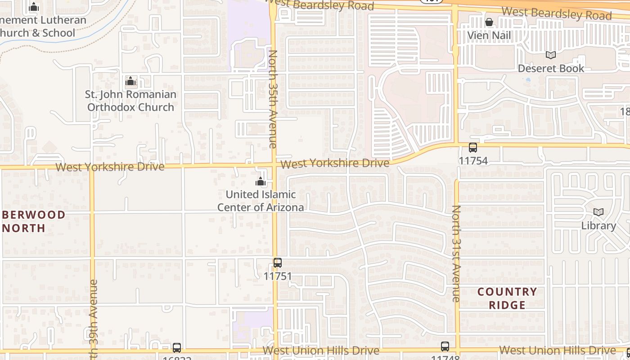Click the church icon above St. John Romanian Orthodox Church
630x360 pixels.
[x=130, y=81]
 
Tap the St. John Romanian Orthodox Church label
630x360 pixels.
[x=130, y=101]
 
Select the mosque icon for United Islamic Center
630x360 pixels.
[x=261, y=181]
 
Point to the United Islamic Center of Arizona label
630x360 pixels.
[x=261, y=201]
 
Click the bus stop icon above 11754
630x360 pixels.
[x=473, y=147]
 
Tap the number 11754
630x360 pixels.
[x=473, y=161]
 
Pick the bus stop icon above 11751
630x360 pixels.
[x=278, y=262]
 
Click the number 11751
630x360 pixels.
[x=278, y=276]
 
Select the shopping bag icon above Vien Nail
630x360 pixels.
[x=489, y=22]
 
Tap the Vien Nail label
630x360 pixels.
[x=489, y=36]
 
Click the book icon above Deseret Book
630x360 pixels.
[x=551, y=55]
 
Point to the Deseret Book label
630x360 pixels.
[x=551, y=68]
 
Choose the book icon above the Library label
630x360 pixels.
[x=598, y=212]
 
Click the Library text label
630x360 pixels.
[x=598, y=225]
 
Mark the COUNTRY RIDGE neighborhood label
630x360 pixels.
[x=507, y=298]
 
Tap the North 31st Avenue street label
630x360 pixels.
[x=456, y=253]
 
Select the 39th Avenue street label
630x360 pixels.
[x=93, y=317]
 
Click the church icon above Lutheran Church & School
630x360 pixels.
[x=34, y=7]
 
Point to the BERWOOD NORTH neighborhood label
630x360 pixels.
[x=32, y=221]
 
